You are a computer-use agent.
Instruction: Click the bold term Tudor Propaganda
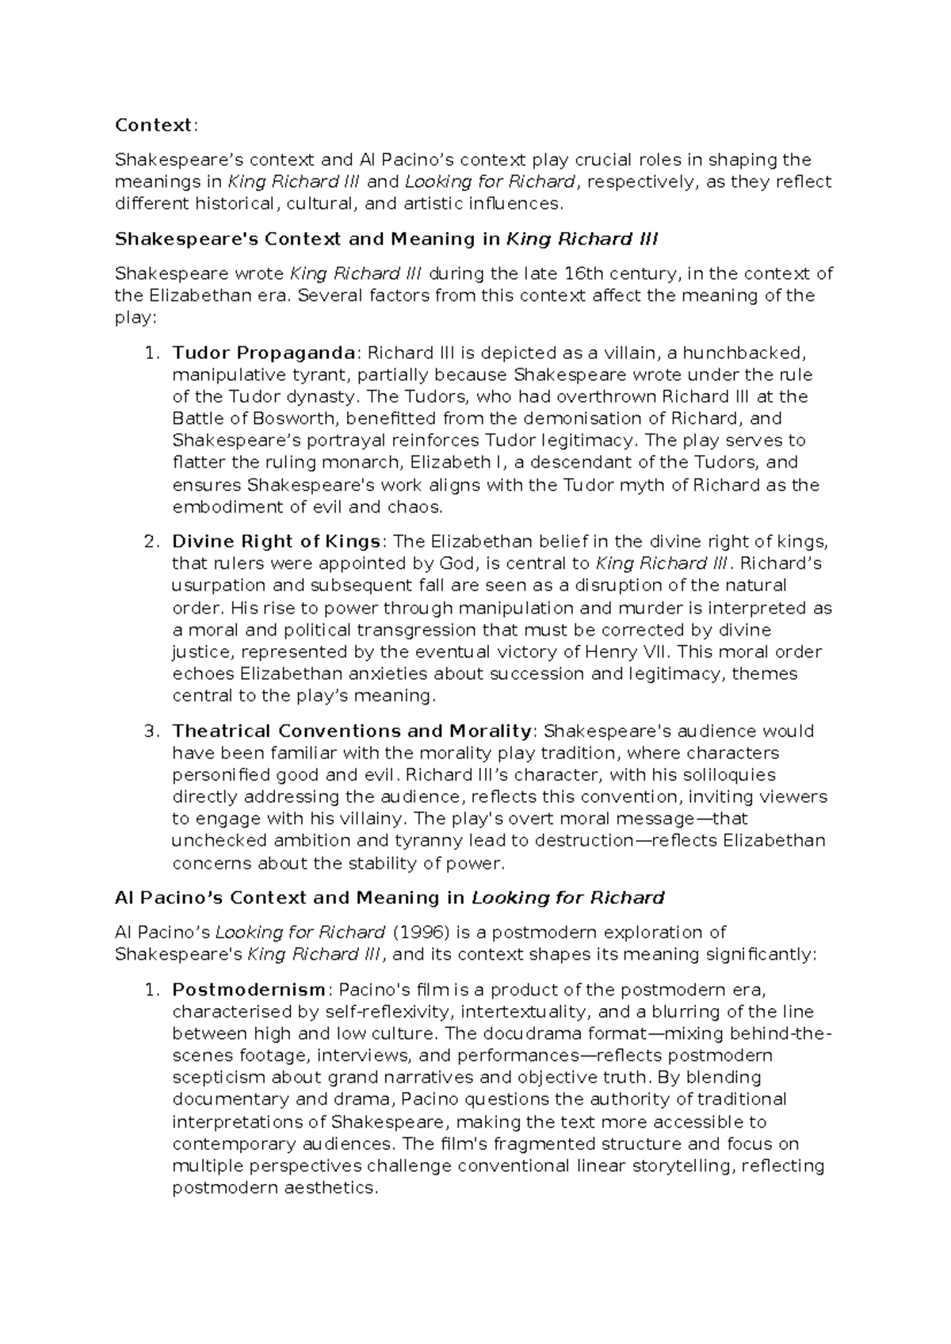(264, 353)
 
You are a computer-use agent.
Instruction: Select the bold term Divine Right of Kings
(276, 542)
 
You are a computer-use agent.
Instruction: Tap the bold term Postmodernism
(248, 990)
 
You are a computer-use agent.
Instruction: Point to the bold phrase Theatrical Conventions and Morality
(352, 731)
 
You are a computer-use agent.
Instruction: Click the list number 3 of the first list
(151, 731)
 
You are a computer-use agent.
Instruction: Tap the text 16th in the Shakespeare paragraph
(581, 274)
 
